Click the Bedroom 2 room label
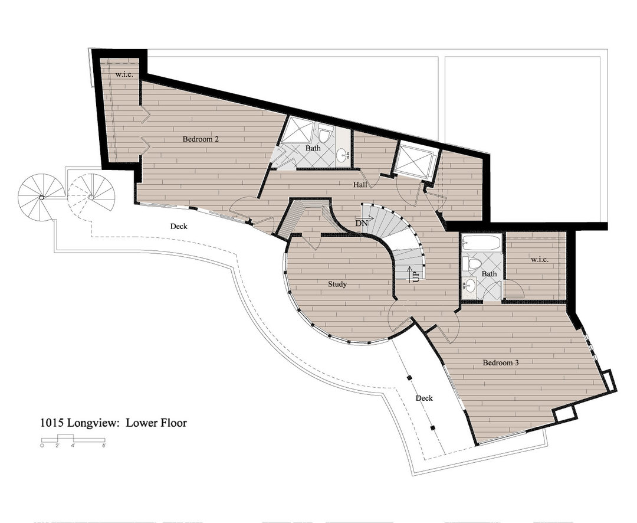click(201, 139)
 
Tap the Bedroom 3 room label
click(501, 362)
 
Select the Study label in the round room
click(337, 284)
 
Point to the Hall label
click(360, 185)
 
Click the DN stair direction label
click(361, 223)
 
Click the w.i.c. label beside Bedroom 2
click(124, 74)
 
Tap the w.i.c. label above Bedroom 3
click(540, 259)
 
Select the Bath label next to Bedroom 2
click(313, 148)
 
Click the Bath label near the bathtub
click(489, 274)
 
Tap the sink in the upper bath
click(343, 155)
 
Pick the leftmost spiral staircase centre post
click(41, 197)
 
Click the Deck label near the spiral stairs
click(179, 226)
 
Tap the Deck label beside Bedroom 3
click(424, 398)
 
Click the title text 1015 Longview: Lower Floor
click(113, 423)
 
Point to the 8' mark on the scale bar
click(104, 446)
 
